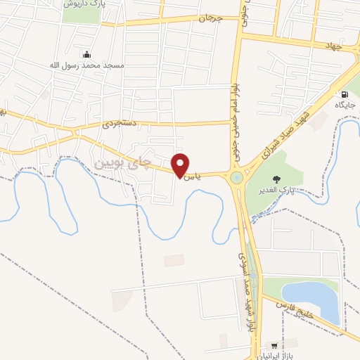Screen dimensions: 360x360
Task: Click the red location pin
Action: pos(181,165)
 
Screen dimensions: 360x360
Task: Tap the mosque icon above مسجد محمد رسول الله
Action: pos(86,54)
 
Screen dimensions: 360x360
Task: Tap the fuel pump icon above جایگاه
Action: pos(344,94)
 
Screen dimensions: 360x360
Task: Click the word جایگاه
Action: pos(346,105)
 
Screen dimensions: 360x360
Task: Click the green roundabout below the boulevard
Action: pos(236,178)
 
